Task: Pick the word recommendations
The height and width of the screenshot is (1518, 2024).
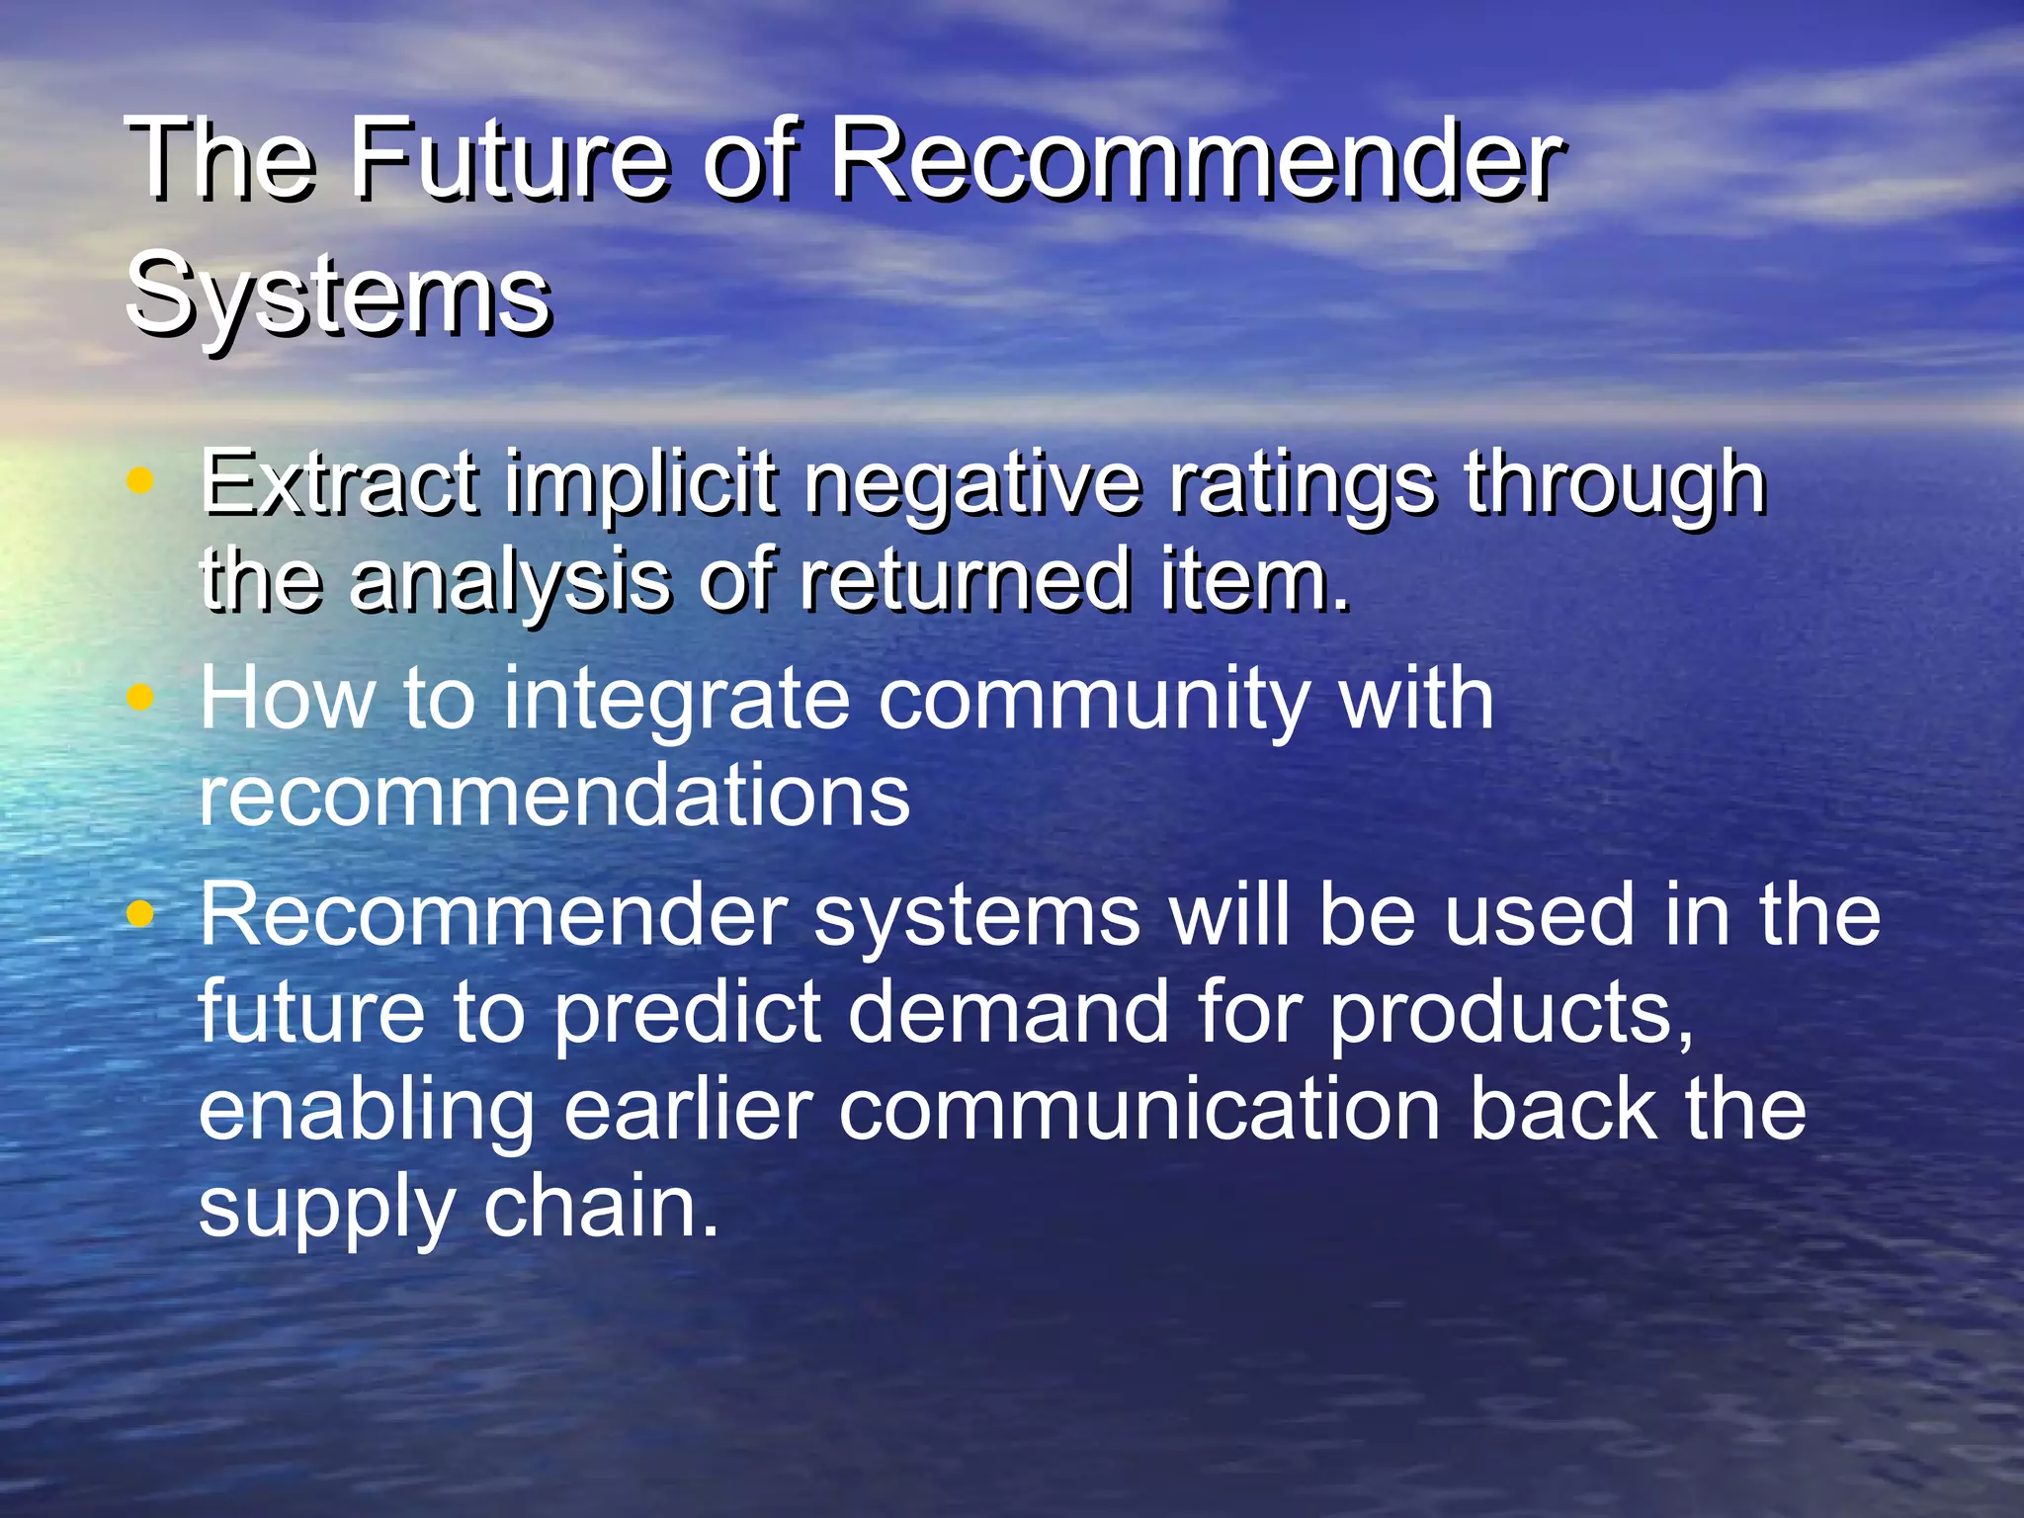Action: [553, 796]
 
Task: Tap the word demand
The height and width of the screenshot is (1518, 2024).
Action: [1008, 1012]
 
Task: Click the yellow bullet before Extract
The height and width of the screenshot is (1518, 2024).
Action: [141, 481]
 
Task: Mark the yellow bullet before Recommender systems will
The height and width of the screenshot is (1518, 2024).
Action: [141, 914]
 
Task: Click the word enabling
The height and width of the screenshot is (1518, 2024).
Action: [366, 1113]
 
